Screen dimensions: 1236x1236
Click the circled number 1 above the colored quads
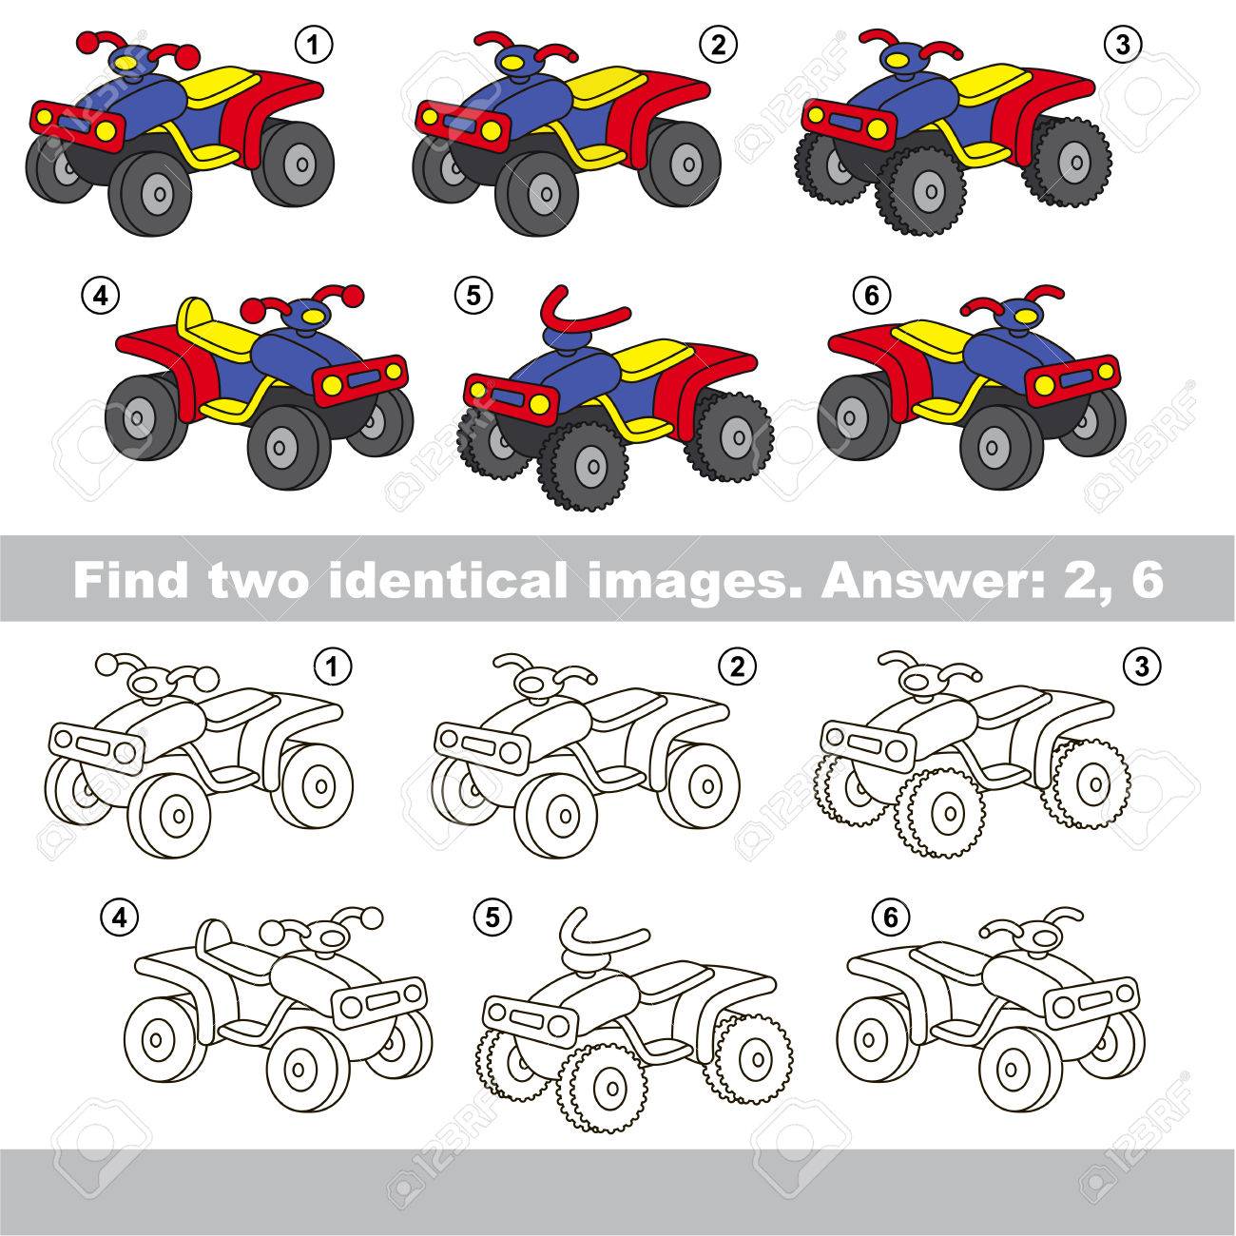point(313,46)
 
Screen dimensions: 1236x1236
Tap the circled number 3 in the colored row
point(1123,45)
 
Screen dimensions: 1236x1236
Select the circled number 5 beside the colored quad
point(473,297)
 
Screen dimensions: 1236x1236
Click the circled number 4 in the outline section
point(120,918)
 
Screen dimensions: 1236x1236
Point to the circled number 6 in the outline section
point(891,918)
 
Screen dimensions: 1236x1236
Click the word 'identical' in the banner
point(449,579)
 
